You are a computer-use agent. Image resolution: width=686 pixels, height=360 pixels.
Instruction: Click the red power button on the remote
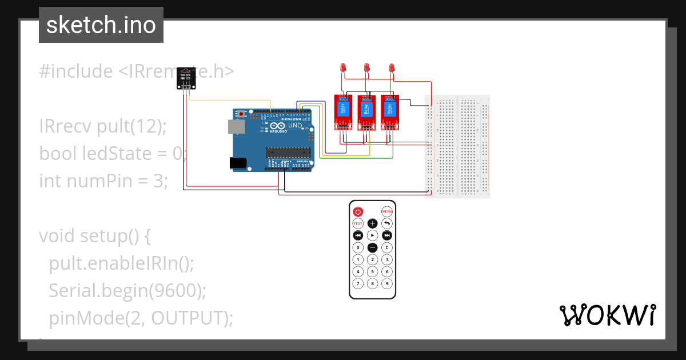click(x=358, y=211)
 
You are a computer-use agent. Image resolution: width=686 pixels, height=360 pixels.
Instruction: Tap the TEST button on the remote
click(x=358, y=223)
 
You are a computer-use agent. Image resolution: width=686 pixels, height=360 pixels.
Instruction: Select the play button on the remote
click(x=372, y=235)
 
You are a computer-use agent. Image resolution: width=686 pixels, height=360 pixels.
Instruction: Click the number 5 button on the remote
click(x=372, y=271)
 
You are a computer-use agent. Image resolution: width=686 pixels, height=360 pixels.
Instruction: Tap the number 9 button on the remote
click(x=387, y=283)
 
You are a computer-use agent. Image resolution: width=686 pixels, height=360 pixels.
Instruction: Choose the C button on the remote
click(x=387, y=247)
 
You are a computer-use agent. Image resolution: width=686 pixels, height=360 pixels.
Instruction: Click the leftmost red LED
click(x=342, y=68)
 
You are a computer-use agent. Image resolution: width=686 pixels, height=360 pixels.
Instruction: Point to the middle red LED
click(x=367, y=68)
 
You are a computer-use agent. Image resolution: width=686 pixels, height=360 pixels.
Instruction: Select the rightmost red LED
click(x=392, y=68)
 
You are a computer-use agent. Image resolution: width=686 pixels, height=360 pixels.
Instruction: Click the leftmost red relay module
click(x=342, y=111)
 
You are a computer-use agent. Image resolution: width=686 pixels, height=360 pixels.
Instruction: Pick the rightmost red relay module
click(x=390, y=111)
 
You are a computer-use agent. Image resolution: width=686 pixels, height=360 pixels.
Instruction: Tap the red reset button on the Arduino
click(x=242, y=114)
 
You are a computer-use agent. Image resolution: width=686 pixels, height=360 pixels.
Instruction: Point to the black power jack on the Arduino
click(x=238, y=163)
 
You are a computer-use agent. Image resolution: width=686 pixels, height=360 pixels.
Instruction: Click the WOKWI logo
click(x=607, y=315)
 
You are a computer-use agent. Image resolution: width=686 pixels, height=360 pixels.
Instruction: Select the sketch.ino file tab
click(x=101, y=25)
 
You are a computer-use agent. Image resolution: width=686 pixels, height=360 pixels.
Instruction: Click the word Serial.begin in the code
click(x=97, y=290)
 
